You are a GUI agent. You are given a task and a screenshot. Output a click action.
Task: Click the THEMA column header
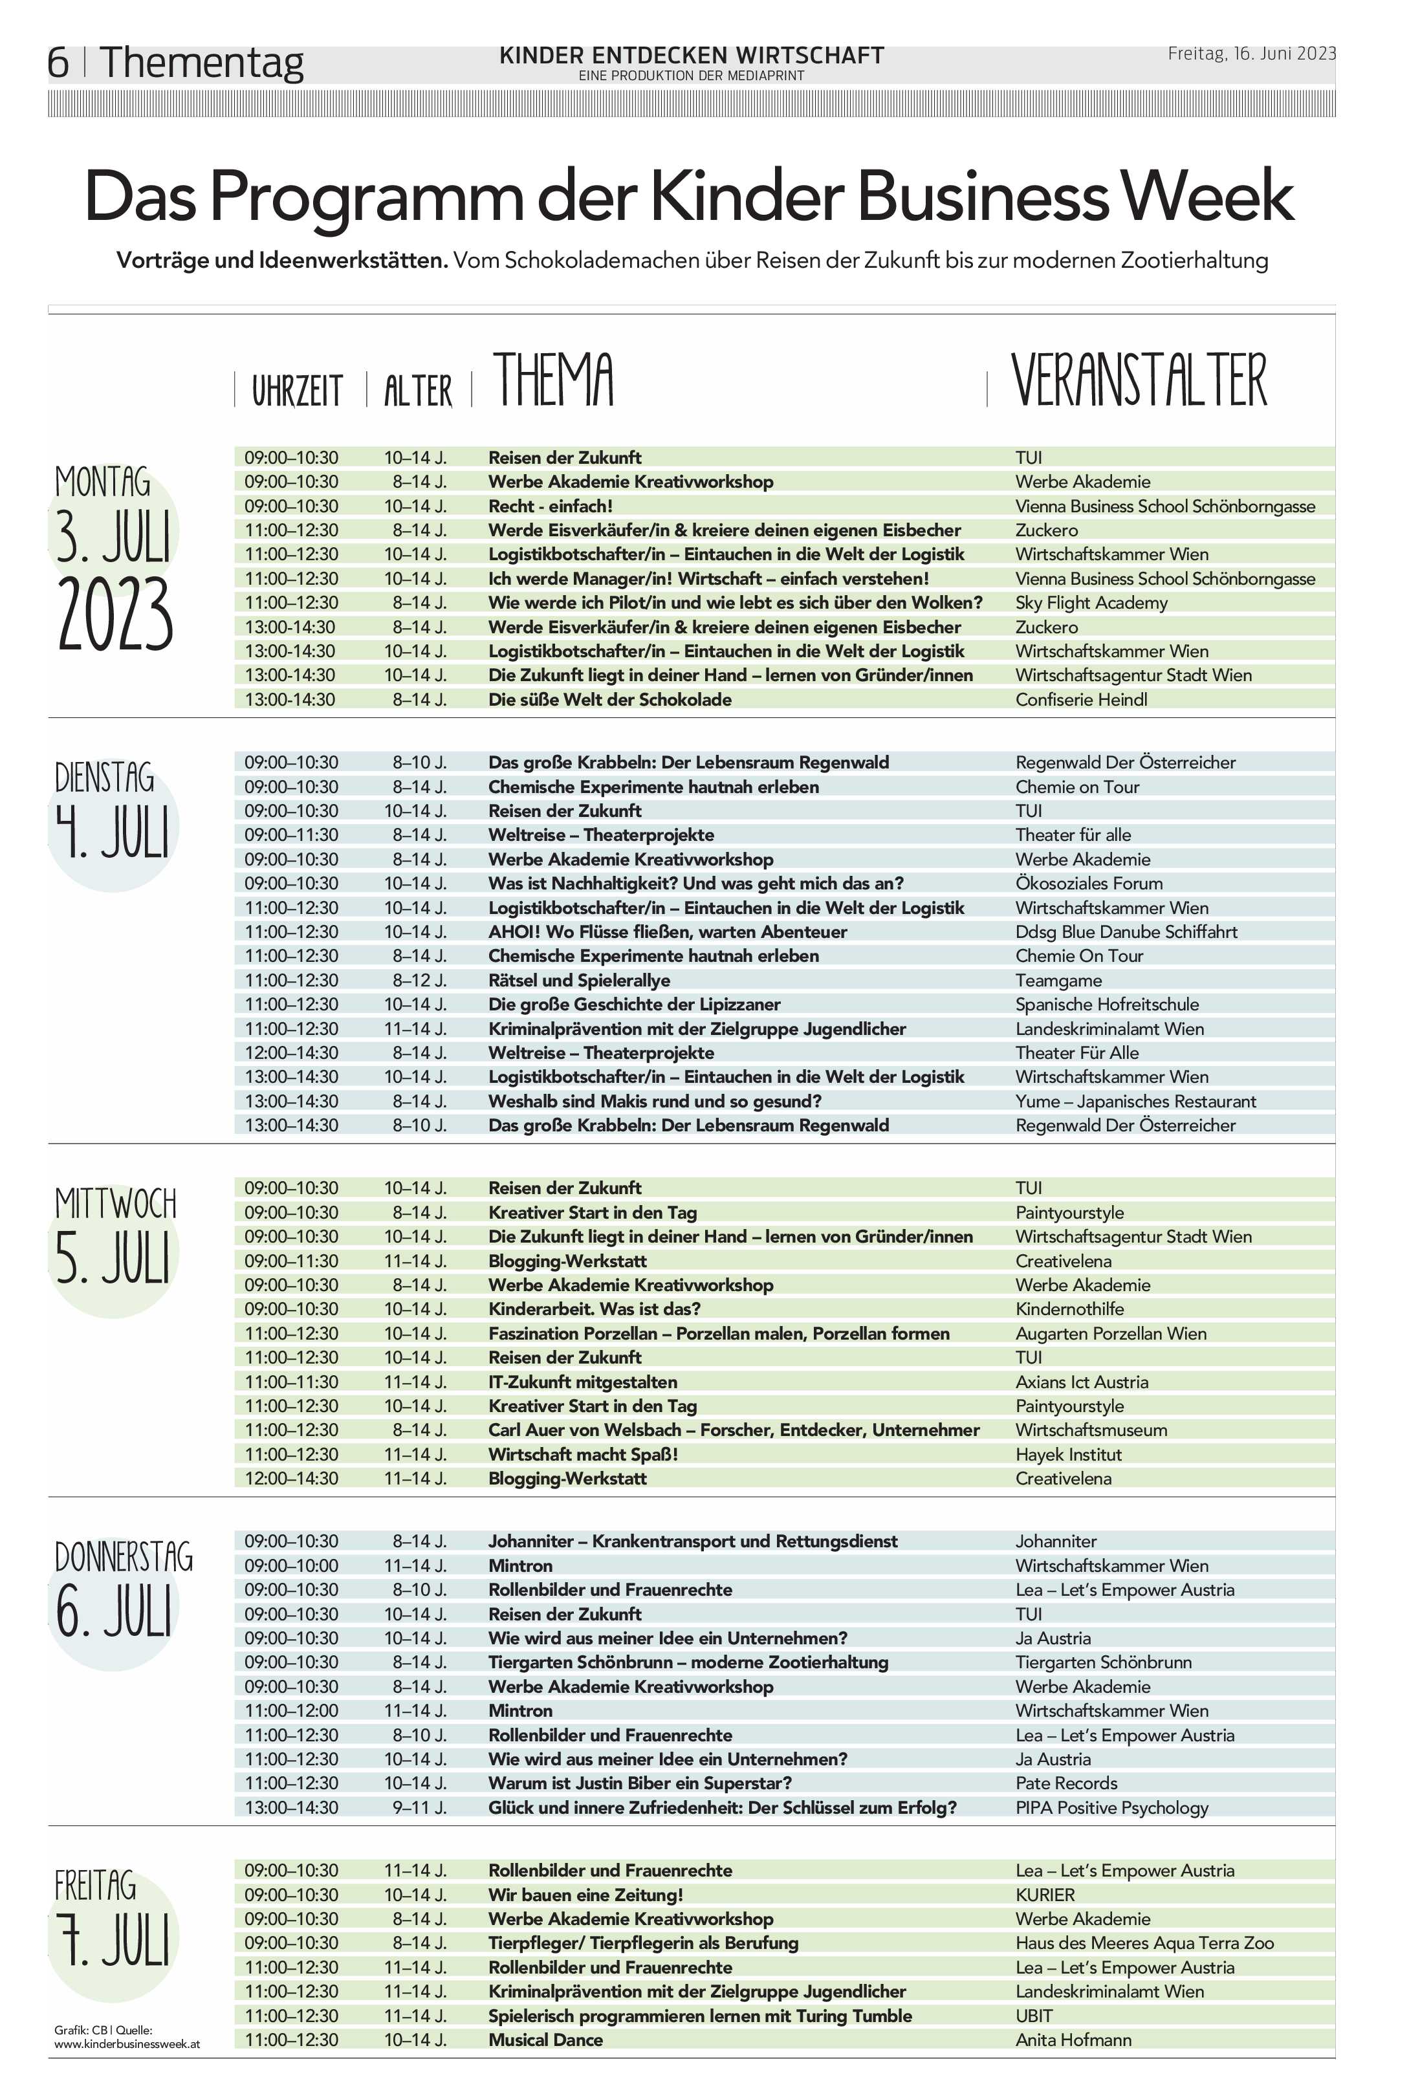point(553,380)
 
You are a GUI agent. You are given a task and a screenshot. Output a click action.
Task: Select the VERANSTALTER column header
point(1139,380)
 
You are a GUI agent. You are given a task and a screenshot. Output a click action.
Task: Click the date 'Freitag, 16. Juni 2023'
point(1251,54)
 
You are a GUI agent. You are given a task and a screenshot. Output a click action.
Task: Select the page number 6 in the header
point(58,63)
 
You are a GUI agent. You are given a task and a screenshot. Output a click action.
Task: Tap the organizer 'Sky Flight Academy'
point(1091,602)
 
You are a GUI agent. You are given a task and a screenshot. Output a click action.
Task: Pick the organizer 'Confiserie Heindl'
point(1081,700)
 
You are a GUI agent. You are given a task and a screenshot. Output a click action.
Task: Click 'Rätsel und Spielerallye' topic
point(579,980)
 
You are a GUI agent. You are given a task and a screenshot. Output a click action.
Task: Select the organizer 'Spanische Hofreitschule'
point(1107,1005)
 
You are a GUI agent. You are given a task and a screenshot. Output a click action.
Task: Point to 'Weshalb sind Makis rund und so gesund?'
point(655,1101)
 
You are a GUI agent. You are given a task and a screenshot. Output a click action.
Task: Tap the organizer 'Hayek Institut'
point(1068,1454)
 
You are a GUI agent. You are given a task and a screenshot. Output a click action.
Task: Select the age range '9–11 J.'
point(419,1807)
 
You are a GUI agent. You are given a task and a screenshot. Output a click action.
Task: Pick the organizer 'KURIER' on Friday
point(1045,1895)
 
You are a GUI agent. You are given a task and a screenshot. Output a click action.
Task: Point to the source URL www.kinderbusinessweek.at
point(127,2044)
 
